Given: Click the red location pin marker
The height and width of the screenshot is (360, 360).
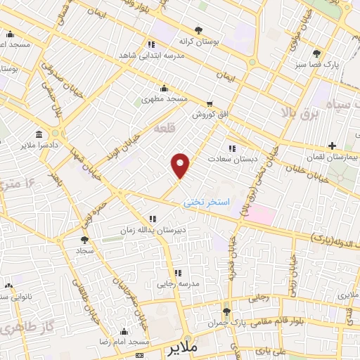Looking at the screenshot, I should click(181, 165).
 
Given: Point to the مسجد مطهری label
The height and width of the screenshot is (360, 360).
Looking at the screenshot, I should click(165, 99).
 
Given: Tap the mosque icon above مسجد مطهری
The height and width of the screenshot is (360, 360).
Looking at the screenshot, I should click(165, 88).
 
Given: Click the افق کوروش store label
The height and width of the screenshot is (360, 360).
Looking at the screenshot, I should click(209, 115).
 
